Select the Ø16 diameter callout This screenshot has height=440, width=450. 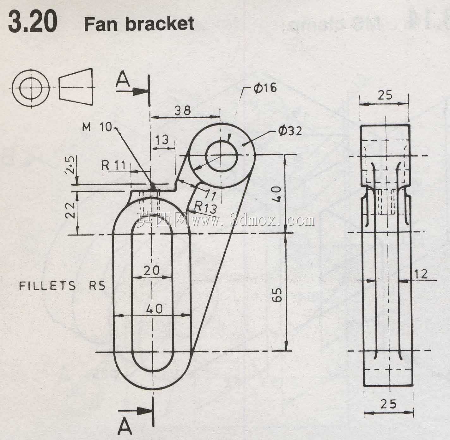coord(265,88)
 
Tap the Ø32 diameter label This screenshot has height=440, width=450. coord(290,131)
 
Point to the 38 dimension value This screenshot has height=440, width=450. coord(182,110)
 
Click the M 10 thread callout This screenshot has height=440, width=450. coord(97,127)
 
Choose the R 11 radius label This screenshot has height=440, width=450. coord(113,165)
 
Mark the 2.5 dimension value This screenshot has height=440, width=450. coord(70,165)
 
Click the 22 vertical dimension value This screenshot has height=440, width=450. coord(70,210)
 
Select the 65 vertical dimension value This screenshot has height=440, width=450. coord(277,295)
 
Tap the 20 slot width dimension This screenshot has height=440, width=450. coord(152,270)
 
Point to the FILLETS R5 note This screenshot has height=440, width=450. coord(62,286)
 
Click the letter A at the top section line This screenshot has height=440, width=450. coord(123,80)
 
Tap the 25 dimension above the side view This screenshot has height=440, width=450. coord(385,95)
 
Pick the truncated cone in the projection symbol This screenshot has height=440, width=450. coord(76,87)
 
